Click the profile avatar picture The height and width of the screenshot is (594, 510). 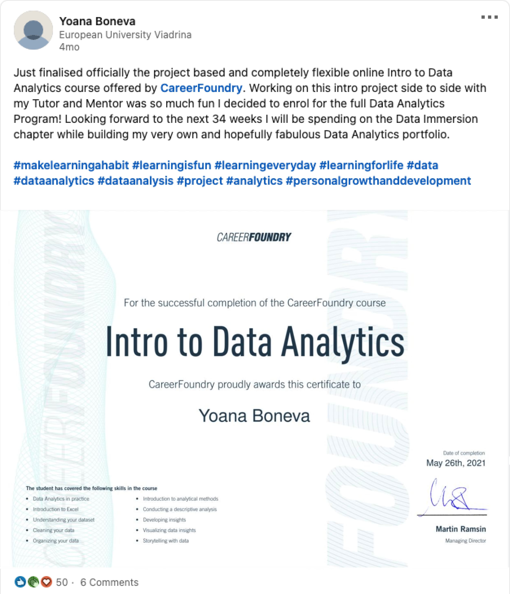[33, 30]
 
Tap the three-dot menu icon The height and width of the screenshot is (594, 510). [489, 17]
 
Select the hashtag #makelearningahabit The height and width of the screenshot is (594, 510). [71, 165]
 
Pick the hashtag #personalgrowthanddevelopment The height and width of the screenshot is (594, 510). [378, 181]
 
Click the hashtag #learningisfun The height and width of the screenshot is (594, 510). [172, 165]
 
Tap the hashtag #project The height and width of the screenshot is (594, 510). [200, 181]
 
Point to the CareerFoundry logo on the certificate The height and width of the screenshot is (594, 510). [254, 237]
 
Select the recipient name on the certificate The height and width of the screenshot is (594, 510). [254, 416]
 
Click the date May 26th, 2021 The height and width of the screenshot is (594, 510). [456, 463]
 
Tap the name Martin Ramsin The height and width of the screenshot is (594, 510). [461, 529]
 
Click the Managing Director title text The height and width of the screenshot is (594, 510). [466, 541]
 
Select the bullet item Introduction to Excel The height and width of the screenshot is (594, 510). [55, 509]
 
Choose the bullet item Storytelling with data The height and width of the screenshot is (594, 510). [166, 541]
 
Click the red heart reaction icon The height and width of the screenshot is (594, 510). [46, 582]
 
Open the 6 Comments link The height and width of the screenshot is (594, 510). [109, 582]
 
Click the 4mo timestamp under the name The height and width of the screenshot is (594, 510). [69, 47]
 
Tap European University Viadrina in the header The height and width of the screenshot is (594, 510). [125, 35]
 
